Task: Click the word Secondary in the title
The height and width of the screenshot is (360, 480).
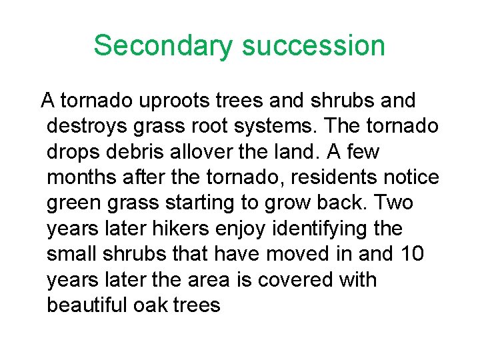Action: point(163,46)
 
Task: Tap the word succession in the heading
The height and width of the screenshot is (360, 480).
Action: point(313,46)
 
